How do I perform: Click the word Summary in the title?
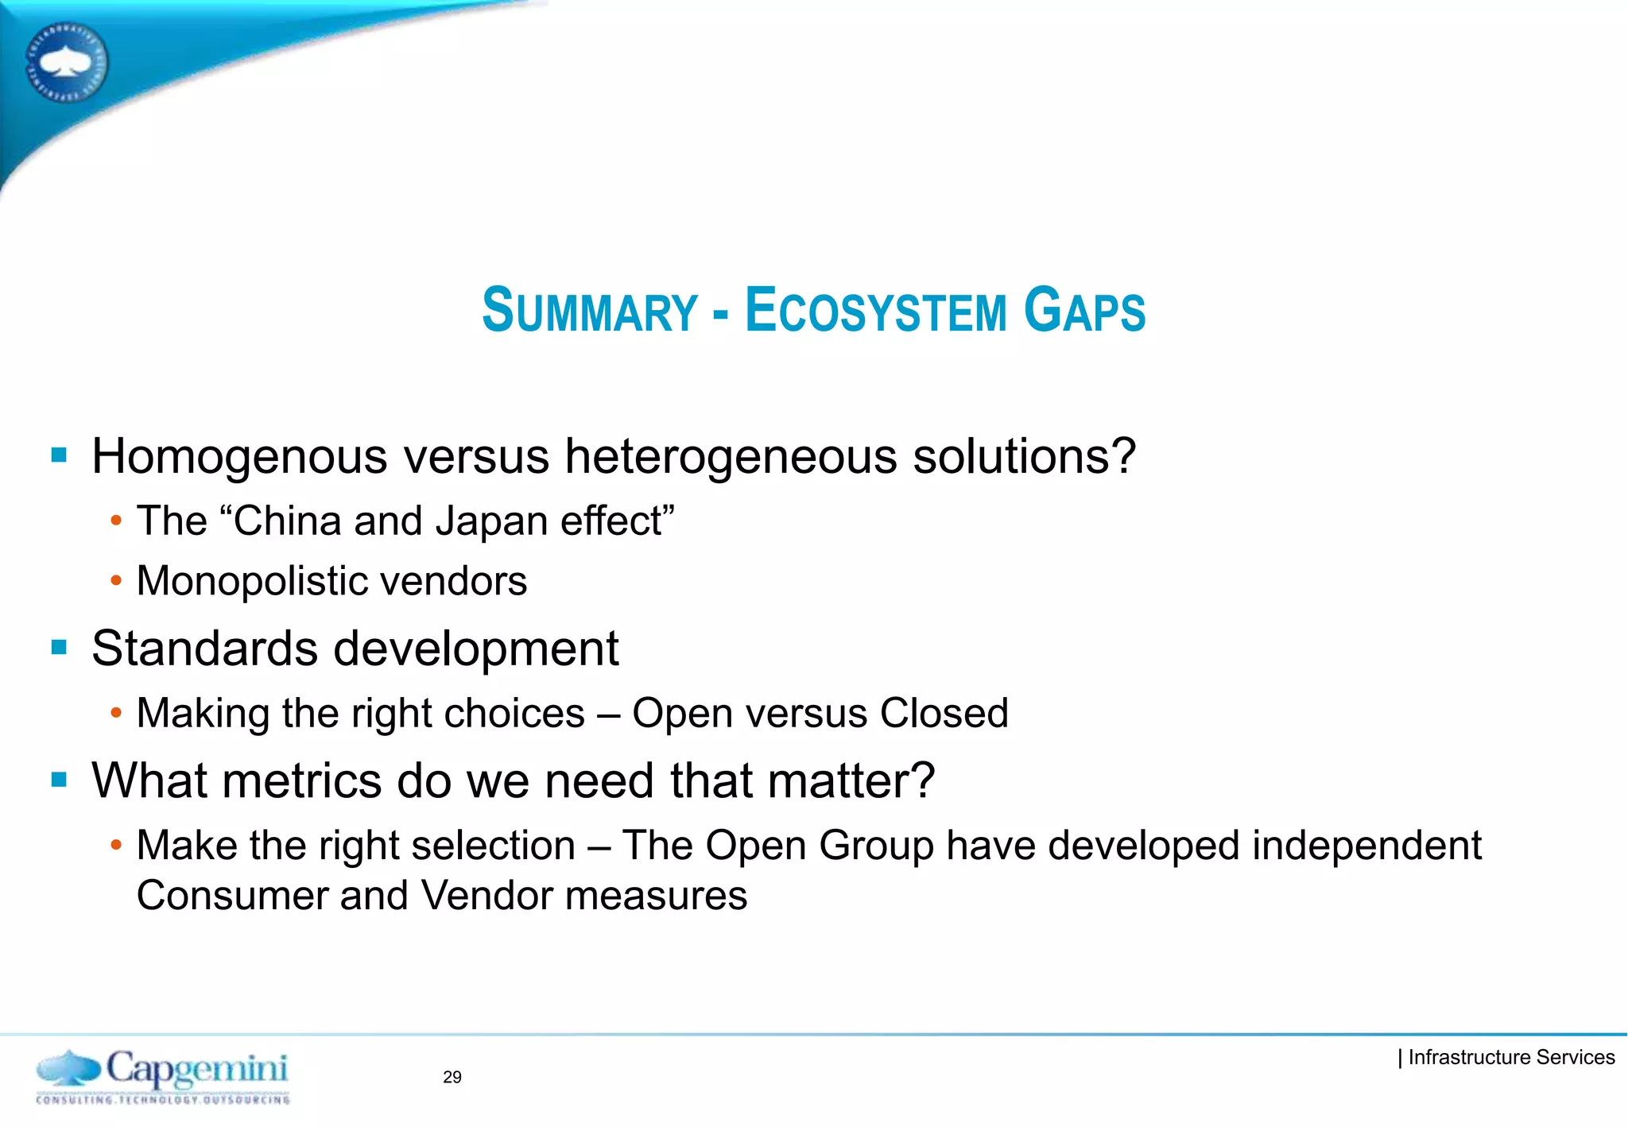[x=589, y=310]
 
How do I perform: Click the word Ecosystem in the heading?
[x=875, y=310]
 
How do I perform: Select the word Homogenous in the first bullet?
[x=239, y=457]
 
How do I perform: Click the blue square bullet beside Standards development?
[x=59, y=647]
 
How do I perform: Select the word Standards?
[x=204, y=649]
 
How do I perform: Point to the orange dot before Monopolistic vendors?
[x=116, y=581]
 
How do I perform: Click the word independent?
[x=1367, y=845]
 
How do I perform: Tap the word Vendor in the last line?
[x=485, y=896]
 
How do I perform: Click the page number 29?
[x=452, y=1077]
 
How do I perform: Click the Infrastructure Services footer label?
[x=1510, y=1057]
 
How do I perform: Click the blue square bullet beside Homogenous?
[x=59, y=455]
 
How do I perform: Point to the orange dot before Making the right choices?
[x=116, y=713]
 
